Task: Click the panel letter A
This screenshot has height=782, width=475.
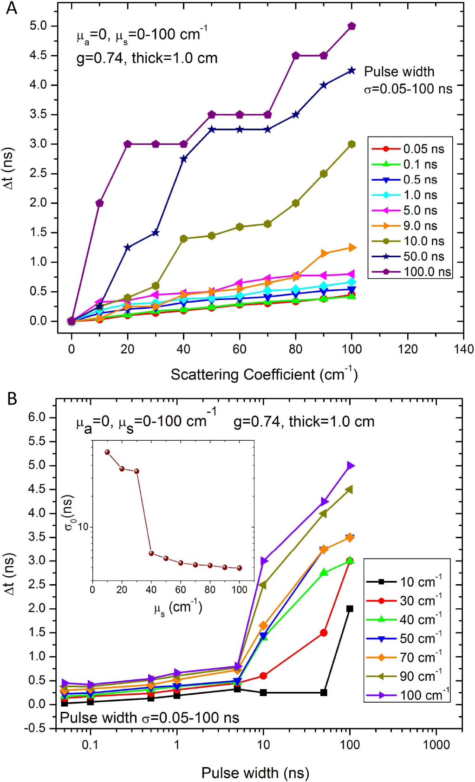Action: pyautogui.click(x=11, y=8)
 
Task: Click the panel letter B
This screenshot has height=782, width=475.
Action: pyautogui.click(x=12, y=398)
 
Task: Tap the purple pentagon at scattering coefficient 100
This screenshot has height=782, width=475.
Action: pyautogui.click(x=351, y=26)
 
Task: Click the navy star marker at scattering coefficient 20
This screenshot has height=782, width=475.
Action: pyautogui.click(x=127, y=248)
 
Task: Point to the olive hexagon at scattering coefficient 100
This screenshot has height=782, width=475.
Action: pyautogui.click(x=351, y=144)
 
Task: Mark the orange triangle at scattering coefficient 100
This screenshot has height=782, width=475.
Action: pyautogui.click(x=352, y=248)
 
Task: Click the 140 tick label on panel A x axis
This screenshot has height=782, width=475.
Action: pyautogui.click(x=463, y=349)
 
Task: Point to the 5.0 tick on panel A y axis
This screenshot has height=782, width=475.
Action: pyautogui.click(x=39, y=26)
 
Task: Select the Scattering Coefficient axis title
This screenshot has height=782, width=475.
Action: pyautogui.click(x=264, y=374)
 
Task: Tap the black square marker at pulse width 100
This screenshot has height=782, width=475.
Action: pyautogui.click(x=350, y=609)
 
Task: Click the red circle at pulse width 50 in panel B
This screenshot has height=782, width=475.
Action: pyautogui.click(x=324, y=632)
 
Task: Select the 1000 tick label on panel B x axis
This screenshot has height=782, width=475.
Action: pyautogui.click(x=436, y=745)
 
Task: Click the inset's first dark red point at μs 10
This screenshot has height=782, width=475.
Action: pyautogui.click(x=107, y=452)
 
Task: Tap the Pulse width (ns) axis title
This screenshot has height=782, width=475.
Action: pyautogui.click(x=255, y=773)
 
